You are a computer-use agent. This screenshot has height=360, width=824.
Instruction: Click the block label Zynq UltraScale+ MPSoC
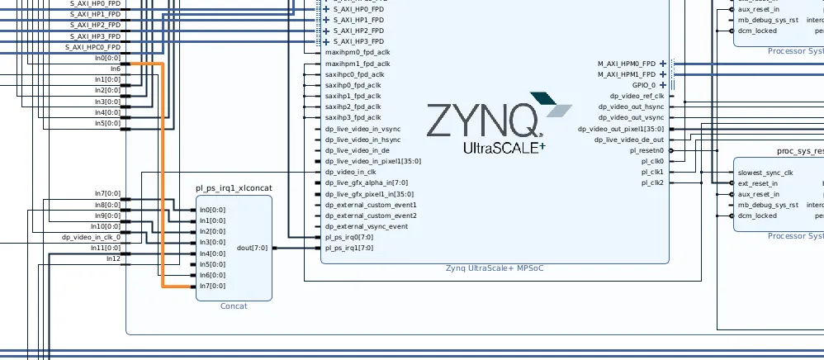[495, 268]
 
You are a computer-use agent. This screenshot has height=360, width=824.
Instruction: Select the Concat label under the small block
[234, 306]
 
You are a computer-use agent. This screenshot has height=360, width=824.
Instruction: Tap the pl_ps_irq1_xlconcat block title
[234, 188]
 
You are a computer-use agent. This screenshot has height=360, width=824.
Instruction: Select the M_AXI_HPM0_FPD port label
[627, 64]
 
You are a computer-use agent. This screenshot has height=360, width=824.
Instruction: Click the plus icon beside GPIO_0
[662, 85]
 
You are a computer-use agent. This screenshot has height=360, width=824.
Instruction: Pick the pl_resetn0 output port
[646, 151]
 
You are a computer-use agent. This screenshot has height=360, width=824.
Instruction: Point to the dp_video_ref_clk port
[637, 97]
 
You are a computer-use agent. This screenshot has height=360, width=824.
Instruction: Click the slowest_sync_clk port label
[765, 173]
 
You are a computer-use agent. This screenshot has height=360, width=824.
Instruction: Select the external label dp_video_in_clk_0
[91, 237]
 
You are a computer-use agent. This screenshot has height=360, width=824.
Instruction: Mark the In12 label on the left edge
[113, 258]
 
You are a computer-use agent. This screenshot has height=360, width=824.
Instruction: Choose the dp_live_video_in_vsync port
[362, 129]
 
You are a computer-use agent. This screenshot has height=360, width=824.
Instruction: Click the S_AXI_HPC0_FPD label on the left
[92, 47]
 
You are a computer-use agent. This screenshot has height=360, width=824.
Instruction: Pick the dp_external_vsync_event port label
[366, 226]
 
